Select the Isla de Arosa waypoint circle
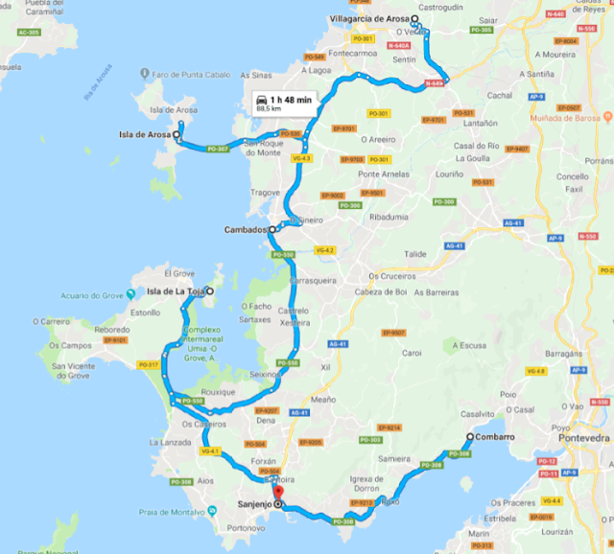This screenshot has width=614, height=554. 177,135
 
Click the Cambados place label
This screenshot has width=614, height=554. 244,230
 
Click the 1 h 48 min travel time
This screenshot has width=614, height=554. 292,99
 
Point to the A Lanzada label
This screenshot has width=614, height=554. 170,443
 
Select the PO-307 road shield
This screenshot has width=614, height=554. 218,149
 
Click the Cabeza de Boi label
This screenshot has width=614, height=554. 381,291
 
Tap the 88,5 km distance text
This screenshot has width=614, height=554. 271,109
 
